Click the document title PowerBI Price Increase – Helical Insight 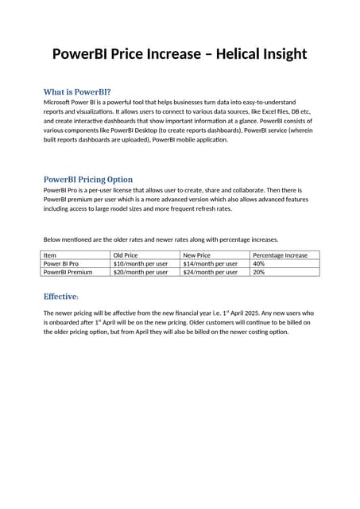pos(180,54)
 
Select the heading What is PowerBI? pos(77,91)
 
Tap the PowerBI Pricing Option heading pos(88,179)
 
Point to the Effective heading pos(61,297)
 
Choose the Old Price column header pos(126,255)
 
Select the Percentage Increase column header pos(280,255)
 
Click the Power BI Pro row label pos(60,263)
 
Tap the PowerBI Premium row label pos(68,272)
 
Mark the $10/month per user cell pos(141,263)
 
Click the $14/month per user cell pos(210,263)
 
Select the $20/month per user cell pos(141,272)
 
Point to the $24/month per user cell pos(210,272)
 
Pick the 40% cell pos(258,263)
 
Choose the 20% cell pos(258,272)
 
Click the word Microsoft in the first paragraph pos(59,103)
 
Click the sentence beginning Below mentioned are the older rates pos(161,239)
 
